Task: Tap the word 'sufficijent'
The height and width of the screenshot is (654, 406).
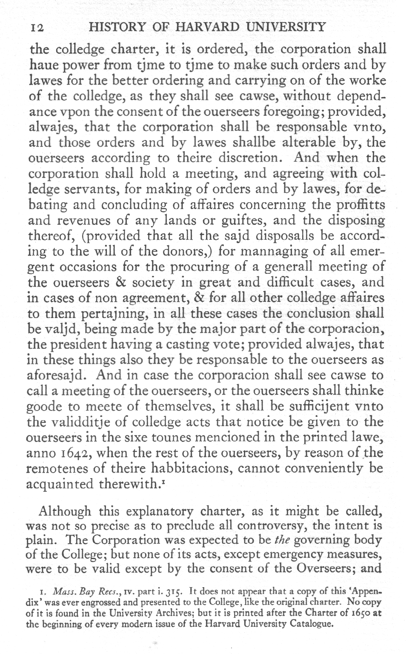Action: pos(317,407)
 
